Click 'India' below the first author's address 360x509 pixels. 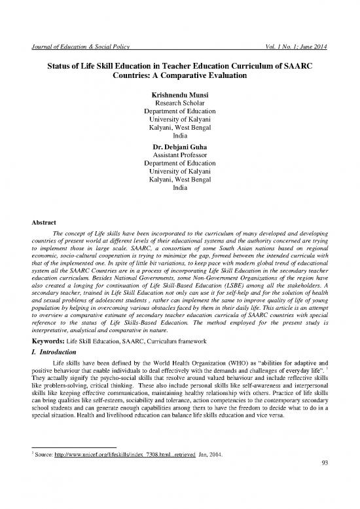point(179,128)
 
